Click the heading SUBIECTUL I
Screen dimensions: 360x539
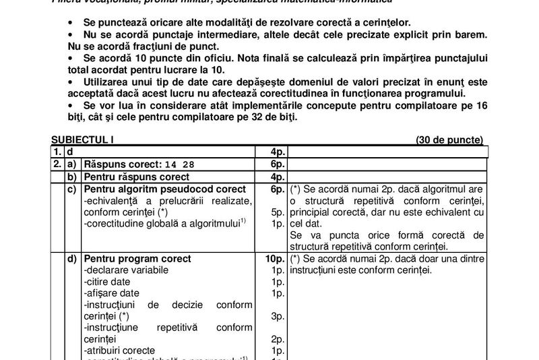[x=80, y=140]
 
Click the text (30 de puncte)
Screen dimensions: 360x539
[x=449, y=140]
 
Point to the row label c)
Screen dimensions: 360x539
[x=71, y=189]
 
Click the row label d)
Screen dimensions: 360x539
[x=71, y=259]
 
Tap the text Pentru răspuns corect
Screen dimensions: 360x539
[x=136, y=177]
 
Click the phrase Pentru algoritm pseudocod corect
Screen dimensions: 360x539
[x=164, y=189]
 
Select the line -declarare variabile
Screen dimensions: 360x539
[x=124, y=270]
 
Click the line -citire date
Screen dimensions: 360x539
[x=108, y=281]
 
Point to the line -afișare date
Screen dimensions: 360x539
[x=112, y=293]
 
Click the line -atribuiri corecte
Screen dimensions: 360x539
[x=119, y=351]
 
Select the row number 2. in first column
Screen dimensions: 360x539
[x=57, y=164]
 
